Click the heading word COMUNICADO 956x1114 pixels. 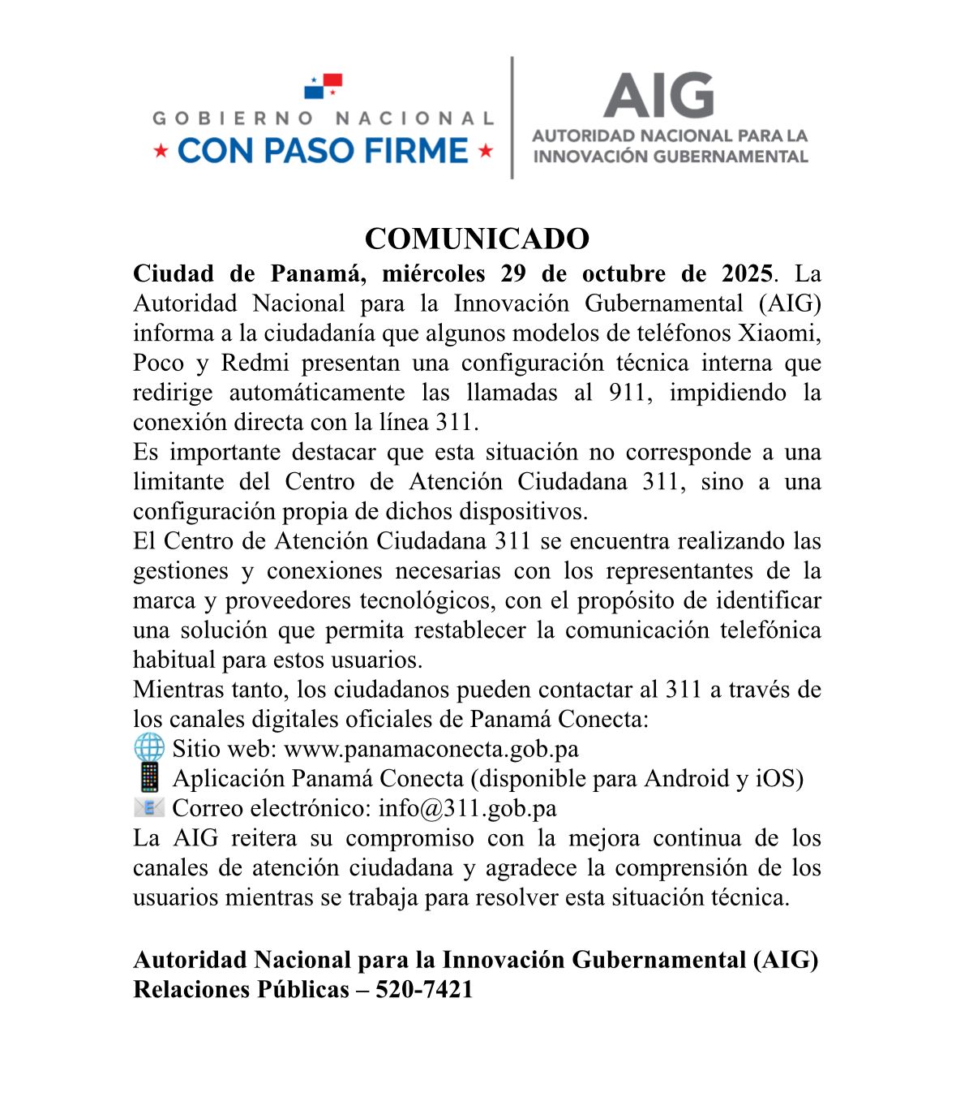click(x=477, y=239)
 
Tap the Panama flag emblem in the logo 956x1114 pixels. click(x=324, y=85)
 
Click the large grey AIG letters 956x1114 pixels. click(x=658, y=96)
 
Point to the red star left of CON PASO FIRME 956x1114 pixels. click(x=161, y=151)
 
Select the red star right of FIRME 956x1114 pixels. click(x=486, y=151)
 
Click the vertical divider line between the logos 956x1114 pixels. click(x=512, y=118)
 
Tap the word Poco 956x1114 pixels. click(x=158, y=363)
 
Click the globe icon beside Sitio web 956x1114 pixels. click(x=149, y=748)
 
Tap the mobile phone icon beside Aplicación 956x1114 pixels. click(x=149, y=778)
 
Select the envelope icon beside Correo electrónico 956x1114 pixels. click(x=149, y=807)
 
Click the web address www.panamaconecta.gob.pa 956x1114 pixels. click(x=431, y=749)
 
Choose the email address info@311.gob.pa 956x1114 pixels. click(x=467, y=808)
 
